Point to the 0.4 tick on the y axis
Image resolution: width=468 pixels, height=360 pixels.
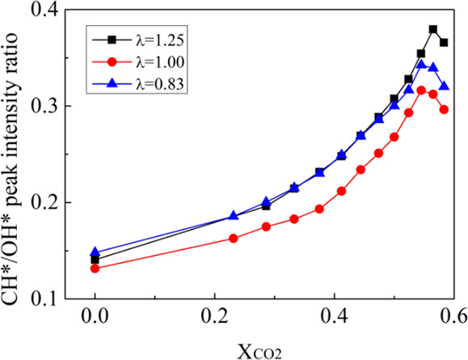click(54, 11)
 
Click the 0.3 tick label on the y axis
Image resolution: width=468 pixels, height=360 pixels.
click(54, 106)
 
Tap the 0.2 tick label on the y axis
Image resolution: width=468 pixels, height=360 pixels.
click(54, 202)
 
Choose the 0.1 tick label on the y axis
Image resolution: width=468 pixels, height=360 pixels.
click(54, 298)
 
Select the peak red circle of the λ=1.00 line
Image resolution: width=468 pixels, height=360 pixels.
click(421, 90)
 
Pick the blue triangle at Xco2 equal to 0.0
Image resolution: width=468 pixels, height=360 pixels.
click(95, 252)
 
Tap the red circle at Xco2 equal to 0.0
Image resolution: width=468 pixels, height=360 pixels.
click(95, 268)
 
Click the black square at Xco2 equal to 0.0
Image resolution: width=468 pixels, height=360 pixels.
click(95, 260)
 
